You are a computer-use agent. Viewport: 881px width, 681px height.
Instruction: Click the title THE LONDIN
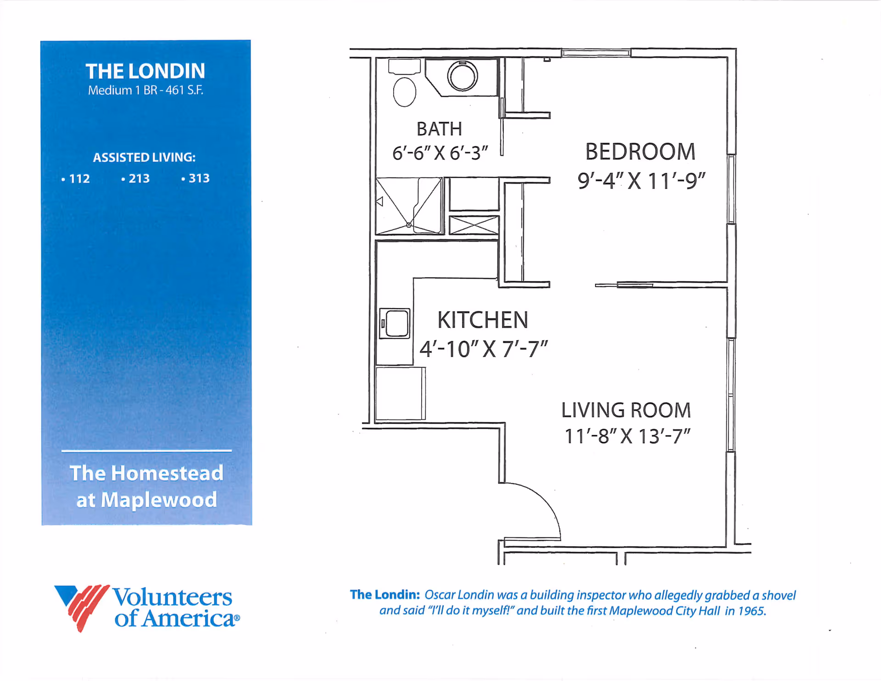145,71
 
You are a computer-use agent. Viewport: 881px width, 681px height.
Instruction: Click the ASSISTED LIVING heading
144,157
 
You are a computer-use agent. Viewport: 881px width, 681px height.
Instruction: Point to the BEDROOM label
640,152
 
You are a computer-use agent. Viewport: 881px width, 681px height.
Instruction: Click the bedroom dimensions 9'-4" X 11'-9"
641,180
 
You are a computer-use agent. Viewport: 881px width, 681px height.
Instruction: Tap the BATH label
439,129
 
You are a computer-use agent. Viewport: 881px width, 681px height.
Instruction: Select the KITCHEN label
483,320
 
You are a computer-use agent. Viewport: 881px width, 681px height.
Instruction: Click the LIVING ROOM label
626,410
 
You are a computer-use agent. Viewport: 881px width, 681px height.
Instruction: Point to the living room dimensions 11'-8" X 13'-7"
627,436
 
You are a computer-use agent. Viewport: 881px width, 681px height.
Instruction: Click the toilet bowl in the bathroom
404,92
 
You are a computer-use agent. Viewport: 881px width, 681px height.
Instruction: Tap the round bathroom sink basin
463,76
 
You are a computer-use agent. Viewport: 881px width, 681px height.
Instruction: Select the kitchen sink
395,324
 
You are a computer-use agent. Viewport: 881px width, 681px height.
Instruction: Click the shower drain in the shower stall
408,225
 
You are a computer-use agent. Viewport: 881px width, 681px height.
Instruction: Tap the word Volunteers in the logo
173,597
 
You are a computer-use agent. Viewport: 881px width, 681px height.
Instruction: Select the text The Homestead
146,473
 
